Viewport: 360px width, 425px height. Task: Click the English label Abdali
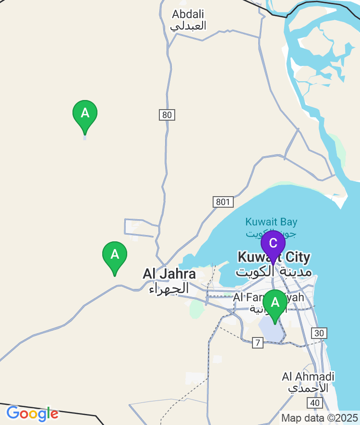(188, 14)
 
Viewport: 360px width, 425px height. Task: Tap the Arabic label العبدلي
(189, 26)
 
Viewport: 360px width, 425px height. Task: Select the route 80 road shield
(167, 115)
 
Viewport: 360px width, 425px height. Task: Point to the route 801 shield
(223, 202)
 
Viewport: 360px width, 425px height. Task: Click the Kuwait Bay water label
(271, 222)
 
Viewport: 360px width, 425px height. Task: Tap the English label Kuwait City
(274, 257)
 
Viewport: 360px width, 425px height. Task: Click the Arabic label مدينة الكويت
(274, 272)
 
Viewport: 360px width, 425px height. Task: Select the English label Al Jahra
(169, 274)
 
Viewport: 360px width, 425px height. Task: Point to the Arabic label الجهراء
(169, 289)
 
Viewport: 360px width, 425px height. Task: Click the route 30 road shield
(319, 333)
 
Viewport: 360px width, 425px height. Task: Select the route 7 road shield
(258, 343)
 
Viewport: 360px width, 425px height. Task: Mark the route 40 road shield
(315, 403)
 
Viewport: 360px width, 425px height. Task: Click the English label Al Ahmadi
(308, 376)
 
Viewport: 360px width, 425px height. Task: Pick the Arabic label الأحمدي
(308, 387)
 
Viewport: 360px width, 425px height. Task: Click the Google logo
(32, 413)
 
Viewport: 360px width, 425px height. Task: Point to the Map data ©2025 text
(319, 418)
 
